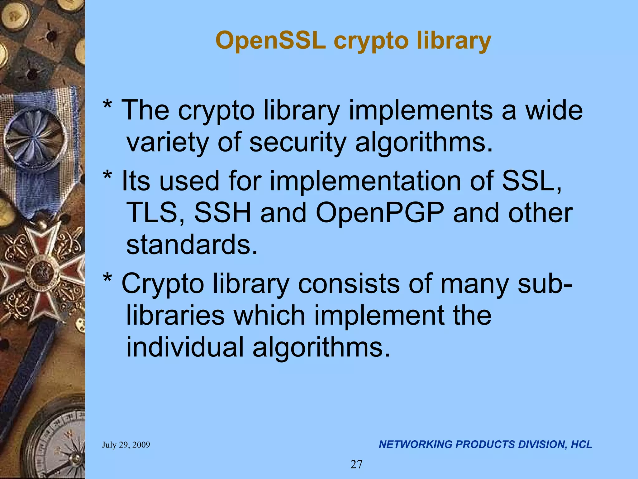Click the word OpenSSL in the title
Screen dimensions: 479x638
270,41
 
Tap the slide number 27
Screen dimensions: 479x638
356,464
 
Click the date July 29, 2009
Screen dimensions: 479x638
126,445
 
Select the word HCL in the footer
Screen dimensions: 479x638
581,444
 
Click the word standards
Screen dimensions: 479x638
192,245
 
